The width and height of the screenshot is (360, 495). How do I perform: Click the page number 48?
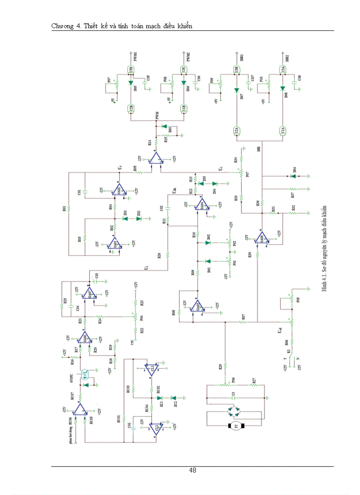click(x=193, y=470)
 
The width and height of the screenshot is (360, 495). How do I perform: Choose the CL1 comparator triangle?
click(x=151, y=368)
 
